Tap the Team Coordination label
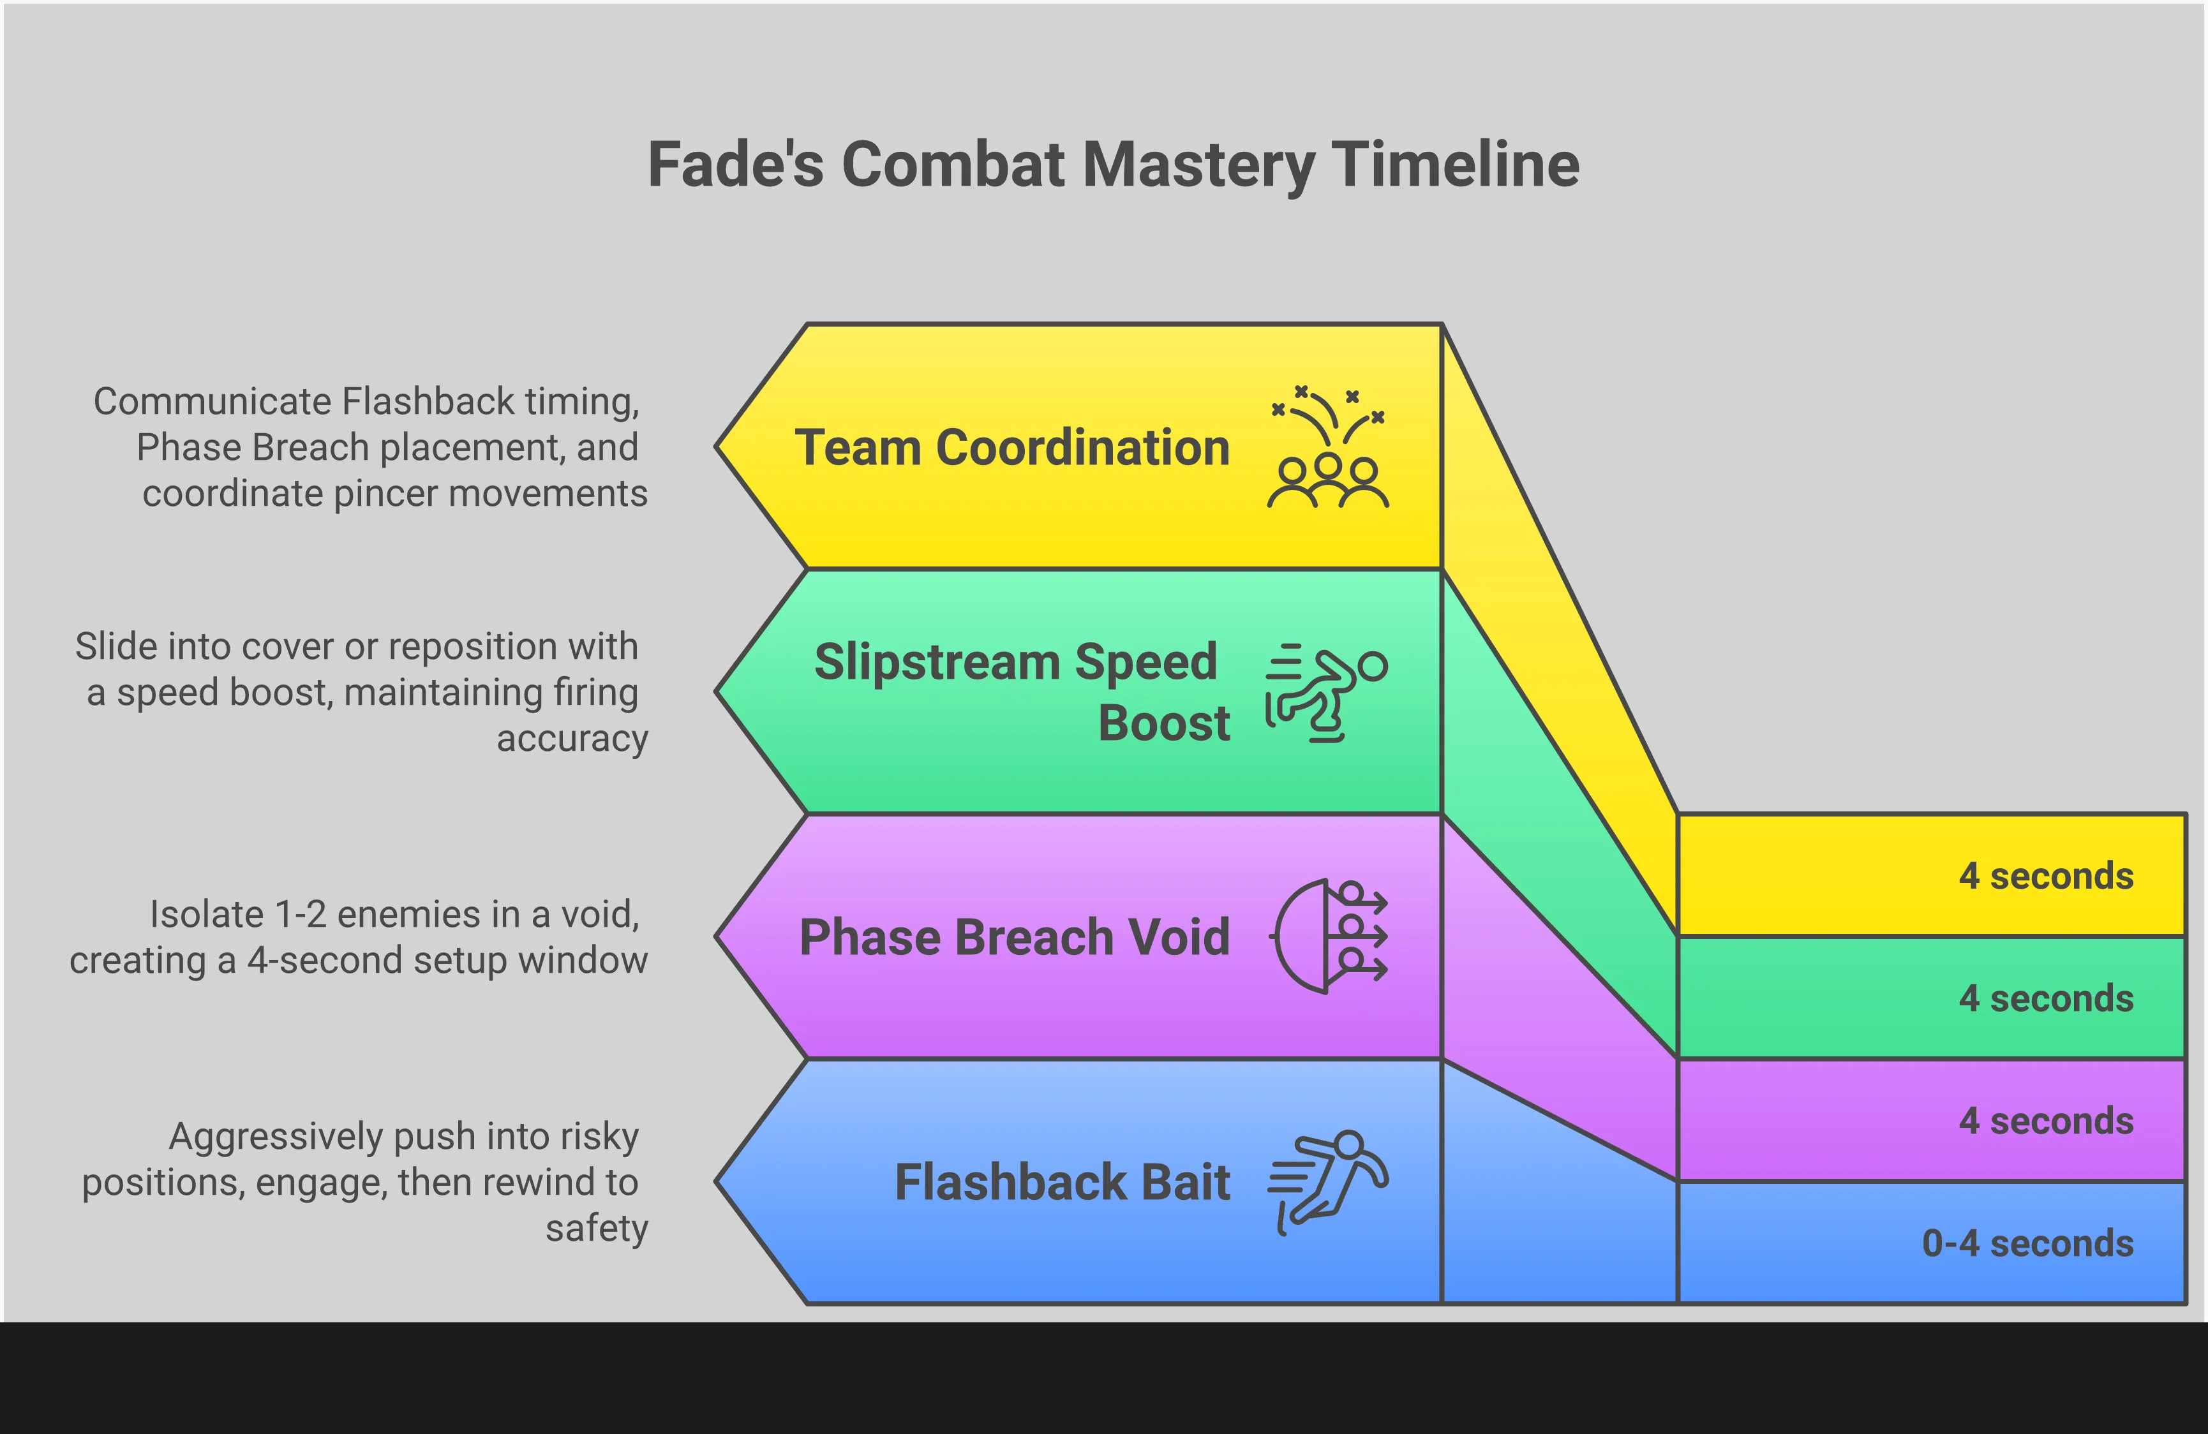pos(1012,448)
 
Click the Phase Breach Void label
pos(1014,937)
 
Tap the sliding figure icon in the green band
pos(1327,692)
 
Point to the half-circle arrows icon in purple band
pos(1329,937)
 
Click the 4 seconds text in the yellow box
pos(2046,876)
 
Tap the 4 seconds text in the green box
pos(2046,999)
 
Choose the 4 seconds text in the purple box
pos(2046,1121)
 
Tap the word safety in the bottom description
pos(597,1229)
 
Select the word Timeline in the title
pos(1456,165)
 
